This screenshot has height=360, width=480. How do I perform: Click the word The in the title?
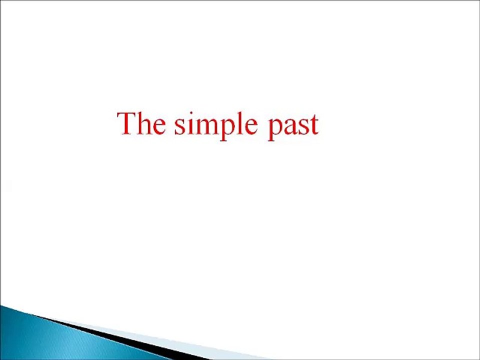tap(141, 123)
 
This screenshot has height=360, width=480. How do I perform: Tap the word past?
tap(293, 125)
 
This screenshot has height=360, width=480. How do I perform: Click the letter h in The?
tap(144, 123)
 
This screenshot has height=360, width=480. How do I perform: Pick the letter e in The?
tap(158, 127)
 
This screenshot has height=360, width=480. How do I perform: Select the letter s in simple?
tap(178, 127)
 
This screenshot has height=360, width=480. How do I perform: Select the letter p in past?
tap(275, 129)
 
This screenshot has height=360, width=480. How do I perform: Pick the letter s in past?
tap(303, 127)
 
